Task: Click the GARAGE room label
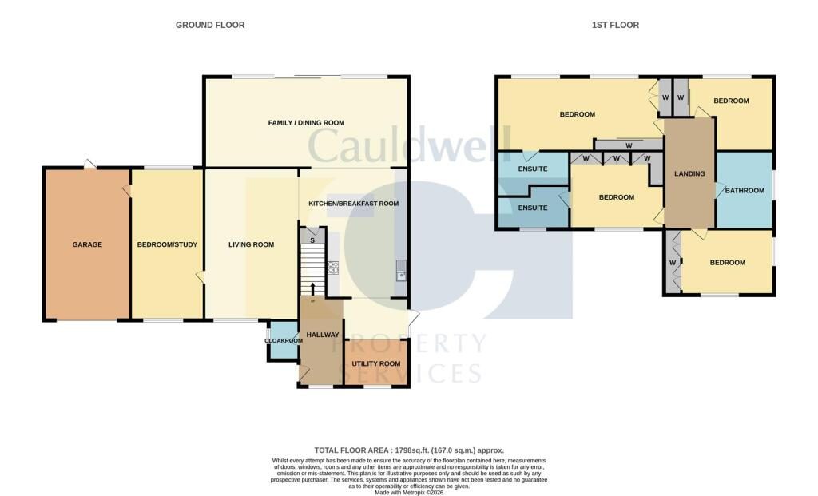tap(87, 244)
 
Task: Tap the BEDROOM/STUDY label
tap(167, 244)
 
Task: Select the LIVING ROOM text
tap(251, 244)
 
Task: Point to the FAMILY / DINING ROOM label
tap(306, 123)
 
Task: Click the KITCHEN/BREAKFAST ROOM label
tap(353, 204)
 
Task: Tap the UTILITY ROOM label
tap(376, 364)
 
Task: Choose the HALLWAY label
tap(323, 335)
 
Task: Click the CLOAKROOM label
tap(284, 341)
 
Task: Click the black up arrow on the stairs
tap(312, 289)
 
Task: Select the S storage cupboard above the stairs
tap(312, 236)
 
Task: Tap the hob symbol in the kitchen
tap(333, 268)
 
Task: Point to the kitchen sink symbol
tap(401, 270)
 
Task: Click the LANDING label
tap(689, 173)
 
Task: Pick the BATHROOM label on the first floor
tap(745, 191)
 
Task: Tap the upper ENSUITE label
tap(533, 169)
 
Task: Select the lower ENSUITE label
tap(533, 208)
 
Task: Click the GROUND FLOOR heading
tap(210, 25)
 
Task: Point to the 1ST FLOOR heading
tap(615, 25)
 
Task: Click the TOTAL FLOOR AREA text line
tap(409, 450)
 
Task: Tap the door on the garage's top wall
tap(89, 164)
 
